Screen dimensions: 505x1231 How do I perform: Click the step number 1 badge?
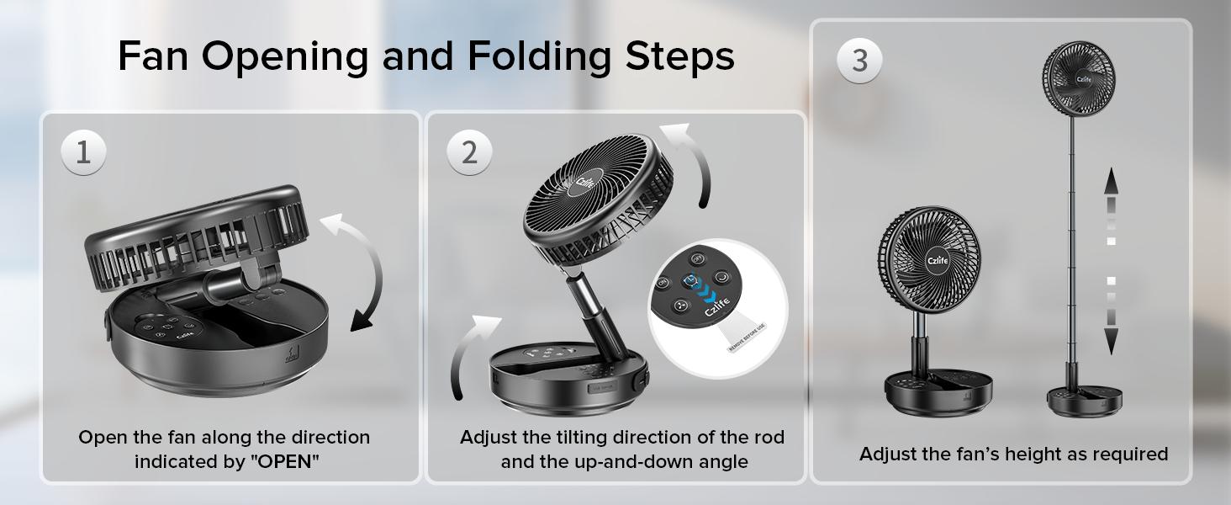[x=83, y=152]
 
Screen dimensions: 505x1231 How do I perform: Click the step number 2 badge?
[x=469, y=152]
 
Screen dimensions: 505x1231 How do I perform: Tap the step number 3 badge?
[x=859, y=61]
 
